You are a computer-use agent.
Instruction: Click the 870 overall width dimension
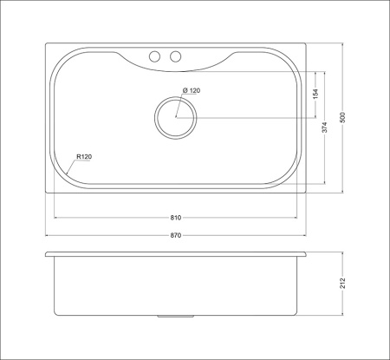coord(176,235)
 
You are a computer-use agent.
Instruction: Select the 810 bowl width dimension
coord(176,218)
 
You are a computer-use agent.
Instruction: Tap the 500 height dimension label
coord(342,117)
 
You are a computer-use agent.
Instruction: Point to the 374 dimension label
coord(325,128)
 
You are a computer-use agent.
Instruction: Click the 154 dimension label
coord(315,94)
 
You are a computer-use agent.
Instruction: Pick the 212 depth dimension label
coord(342,283)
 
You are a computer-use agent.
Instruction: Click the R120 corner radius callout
coord(84,157)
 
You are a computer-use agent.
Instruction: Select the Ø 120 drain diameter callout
coord(192,90)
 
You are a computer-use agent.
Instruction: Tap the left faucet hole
coord(154,56)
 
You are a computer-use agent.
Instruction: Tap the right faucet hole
coord(175,56)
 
